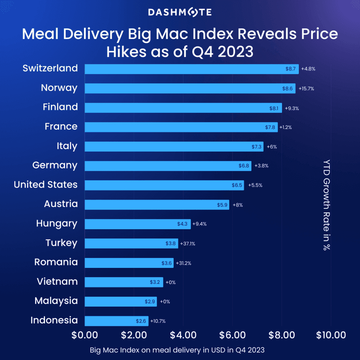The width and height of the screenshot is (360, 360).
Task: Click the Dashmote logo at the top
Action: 180,13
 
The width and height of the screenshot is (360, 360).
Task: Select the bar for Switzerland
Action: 192,69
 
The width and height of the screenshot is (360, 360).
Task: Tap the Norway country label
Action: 59,88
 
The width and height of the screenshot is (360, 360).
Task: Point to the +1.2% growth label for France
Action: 285,128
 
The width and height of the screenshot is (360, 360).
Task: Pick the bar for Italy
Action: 174,147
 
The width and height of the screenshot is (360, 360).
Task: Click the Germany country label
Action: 55,165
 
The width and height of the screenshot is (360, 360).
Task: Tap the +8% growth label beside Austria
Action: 238,205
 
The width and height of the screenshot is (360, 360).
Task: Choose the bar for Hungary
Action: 138,224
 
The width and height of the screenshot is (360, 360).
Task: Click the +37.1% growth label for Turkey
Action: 187,244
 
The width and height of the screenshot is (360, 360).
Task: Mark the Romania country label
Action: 56,262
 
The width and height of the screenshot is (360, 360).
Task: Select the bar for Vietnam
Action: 124,282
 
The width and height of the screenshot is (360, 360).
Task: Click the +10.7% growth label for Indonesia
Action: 158,321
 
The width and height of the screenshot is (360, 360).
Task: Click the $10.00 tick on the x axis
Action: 331,335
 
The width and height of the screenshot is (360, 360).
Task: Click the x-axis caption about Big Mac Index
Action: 177,350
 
